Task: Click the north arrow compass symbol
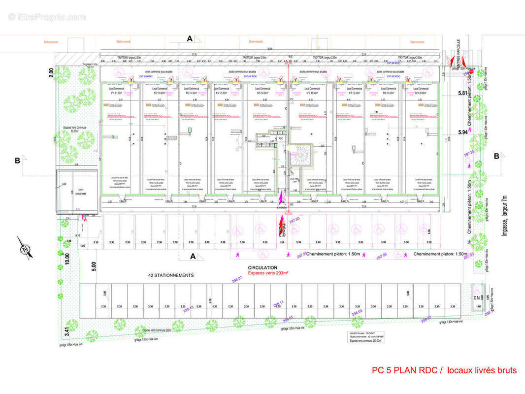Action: [24, 248]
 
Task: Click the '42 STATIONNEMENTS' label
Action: [171, 275]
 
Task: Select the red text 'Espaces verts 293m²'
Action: [267, 272]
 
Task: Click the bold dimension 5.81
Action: [462, 93]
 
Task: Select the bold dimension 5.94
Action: [462, 132]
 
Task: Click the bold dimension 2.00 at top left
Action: [51, 72]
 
